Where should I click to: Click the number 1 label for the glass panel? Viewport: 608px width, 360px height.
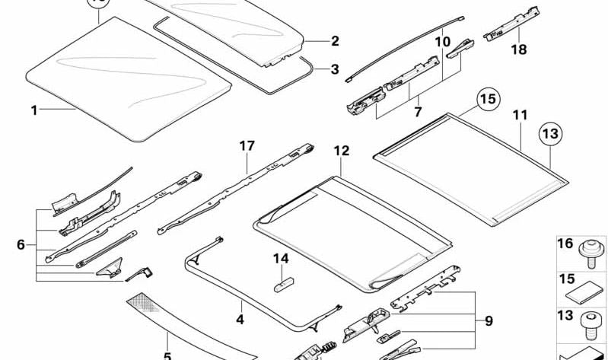(33, 110)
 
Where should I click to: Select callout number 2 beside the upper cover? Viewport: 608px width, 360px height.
(334, 41)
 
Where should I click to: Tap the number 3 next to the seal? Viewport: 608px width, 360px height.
(334, 69)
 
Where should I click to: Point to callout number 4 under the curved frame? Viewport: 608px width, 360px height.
(240, 320)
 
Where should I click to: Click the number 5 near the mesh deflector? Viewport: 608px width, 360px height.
(167, 355)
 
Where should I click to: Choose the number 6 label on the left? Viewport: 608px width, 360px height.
(21, 244)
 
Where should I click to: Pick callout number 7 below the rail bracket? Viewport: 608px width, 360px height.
(417, 113)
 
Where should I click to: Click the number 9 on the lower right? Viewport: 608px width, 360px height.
(489, 321)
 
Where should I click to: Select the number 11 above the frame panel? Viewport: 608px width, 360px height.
(520, 115)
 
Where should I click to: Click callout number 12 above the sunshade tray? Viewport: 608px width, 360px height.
(341, 151)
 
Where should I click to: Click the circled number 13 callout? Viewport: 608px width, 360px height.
(551, 134)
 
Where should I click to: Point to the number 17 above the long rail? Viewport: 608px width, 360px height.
(245, 145)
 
